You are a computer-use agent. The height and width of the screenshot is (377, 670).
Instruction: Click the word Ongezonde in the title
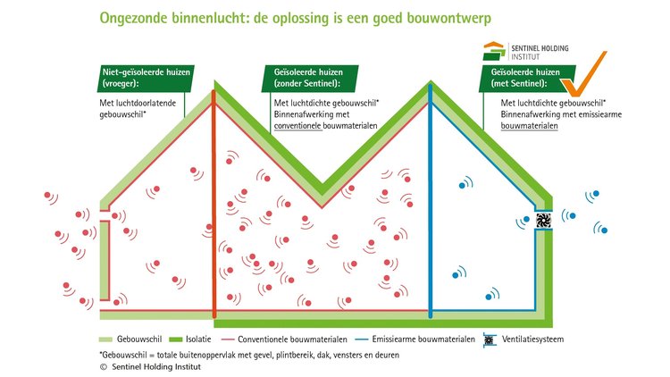[x=133, y=19]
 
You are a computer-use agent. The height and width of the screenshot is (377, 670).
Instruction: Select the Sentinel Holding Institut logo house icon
[x=495, y=51]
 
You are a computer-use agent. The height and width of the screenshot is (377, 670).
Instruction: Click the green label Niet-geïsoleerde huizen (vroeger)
[x=146, y=78]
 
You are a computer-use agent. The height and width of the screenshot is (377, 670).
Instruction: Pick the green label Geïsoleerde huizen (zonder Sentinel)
[x=310, y=78]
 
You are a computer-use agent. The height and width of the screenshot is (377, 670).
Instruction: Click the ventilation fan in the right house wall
[x=543, y=220]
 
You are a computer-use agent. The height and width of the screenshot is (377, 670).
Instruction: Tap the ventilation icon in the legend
[x=490, y=339]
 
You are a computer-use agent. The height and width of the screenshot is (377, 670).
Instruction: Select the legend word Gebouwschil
[x=139, y=339]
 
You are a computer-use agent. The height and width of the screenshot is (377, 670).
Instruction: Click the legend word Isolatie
[x=198, y=339]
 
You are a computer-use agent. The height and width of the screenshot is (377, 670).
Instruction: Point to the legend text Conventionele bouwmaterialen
[x=292, y=339]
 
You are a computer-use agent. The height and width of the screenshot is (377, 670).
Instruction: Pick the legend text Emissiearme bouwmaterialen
[x=423, y=339]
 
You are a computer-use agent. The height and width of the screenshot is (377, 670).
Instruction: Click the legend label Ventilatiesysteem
[x=532, y=339]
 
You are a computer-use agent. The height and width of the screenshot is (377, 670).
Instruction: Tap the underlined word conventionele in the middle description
[x=297, y=126]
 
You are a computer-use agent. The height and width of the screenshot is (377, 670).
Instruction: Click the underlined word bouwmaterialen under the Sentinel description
[x=529, y=126]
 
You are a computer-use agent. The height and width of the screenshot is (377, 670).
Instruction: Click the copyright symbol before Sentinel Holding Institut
[x=103, y=367]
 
